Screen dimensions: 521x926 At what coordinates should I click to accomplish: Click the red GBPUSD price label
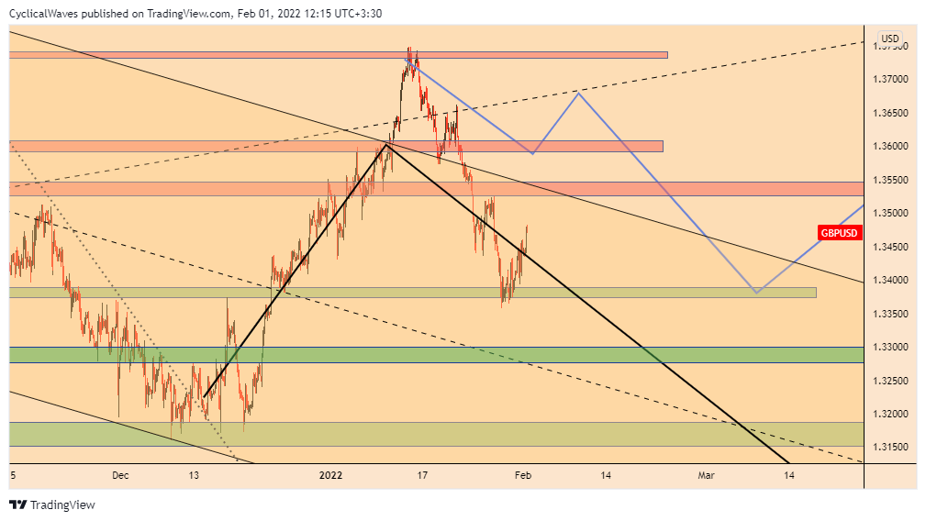[x=839, y=233]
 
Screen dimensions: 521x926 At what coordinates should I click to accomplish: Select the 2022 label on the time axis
[x=330, y=475]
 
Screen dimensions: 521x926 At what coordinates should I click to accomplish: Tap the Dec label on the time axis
[x=120, y=475]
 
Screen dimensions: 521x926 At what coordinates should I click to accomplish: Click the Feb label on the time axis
[x=522, y=475]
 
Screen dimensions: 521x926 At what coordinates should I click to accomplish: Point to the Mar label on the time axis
[x=706, y=475]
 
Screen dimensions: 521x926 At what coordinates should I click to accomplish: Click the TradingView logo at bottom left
[x=52, y=504]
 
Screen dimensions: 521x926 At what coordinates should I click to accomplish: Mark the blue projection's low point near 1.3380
[x=755, y=293]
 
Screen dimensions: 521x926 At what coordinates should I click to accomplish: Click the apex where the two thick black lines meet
[x=386, y=144]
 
